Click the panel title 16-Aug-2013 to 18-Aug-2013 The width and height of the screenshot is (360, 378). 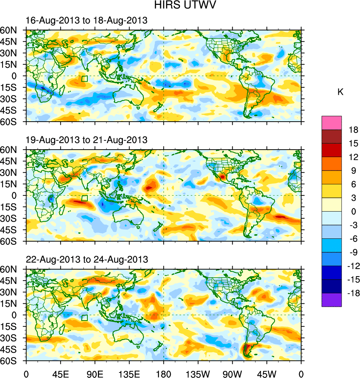pyautogui.click(x=86, y=21)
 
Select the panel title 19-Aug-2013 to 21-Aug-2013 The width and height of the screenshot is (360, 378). pyautogui.click(x=86, y=140)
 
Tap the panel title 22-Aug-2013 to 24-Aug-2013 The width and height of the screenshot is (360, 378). pyautogui.click(x=87, y=259)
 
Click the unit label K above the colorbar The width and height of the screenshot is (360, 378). pyautogui.click(x=340, y=92)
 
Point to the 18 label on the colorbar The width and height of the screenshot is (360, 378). pyautogui.click(x=353, y=130)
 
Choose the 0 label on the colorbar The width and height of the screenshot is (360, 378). pyautogui.click(x=353, y=212)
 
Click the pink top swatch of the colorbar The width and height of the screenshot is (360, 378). pyautogui.click(x=332, y=122)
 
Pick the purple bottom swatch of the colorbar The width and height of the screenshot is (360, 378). pyautogui.click(x=332, y=300)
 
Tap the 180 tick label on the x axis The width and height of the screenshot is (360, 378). pyautogui.click(x=164, y=373)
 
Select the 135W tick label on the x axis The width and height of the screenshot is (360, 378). pyautogui.click(x=198, y=373)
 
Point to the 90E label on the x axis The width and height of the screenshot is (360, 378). pyautogui.click(x=95, y=373)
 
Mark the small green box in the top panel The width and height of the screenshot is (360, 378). pyautogui.click(x=84, y=78)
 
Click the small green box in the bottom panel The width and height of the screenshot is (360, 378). pyautogui.click(x=84, y=318)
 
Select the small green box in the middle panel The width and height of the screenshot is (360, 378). pyautogui.click(x=84, y=198)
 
